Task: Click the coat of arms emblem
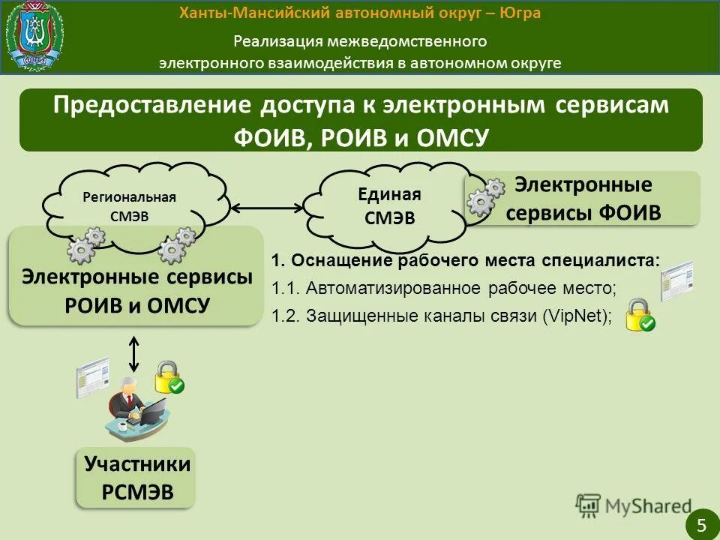(x=34, y=36)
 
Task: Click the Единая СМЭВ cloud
(x=388, y=206)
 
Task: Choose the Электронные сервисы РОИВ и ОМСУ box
(x=136, y=291)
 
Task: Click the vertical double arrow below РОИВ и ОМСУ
(x=134, y=353)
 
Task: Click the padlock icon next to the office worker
(x=169, y=376)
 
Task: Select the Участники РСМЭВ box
(x=137, y=478)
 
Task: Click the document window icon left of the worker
(x=91, y=377)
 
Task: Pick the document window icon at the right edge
(x=676, y=280)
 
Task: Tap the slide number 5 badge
(x=702, y=524)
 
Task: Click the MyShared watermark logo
(x=634, y=506)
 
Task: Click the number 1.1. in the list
(x=286, y=289)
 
